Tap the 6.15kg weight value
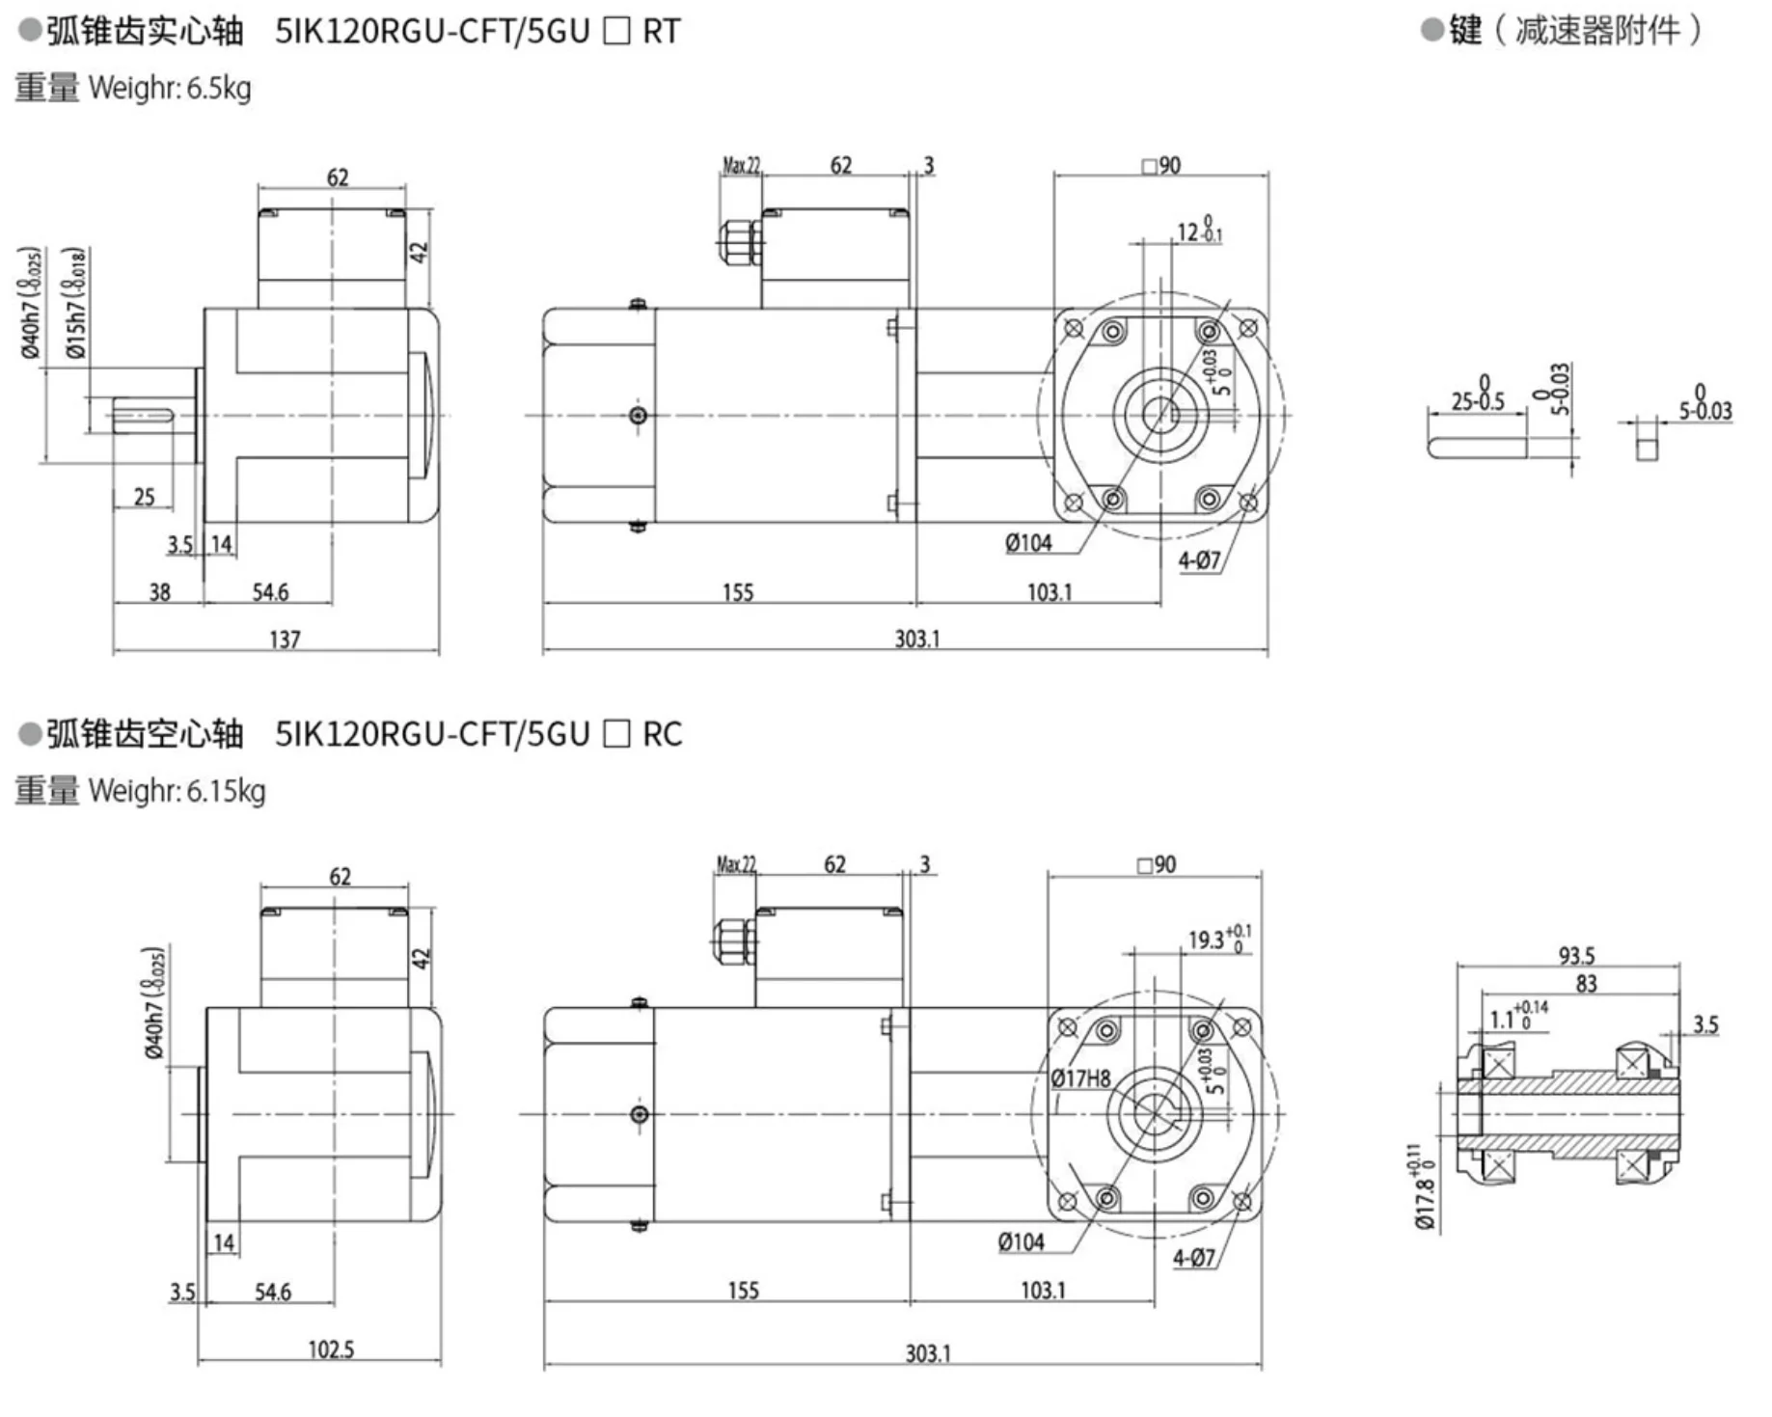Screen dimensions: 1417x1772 pyautogui.click(x=226, y=792)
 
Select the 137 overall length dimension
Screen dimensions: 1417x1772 pyautogui.click(x=285, y=640)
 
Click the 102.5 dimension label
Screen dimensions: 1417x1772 pyautogui.click(x=331, y=1349)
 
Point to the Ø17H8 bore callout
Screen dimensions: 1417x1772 pyautogui.click(x=1080, y=1078)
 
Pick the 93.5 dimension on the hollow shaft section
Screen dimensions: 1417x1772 pyautogui.click(x=1576, y=956)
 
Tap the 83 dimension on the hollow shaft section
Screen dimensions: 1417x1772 pyautogui.click(x=1586, y=984)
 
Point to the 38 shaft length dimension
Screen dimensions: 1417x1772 pyautogui.click(x=159, y=592)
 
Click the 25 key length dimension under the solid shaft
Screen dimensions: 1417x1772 pyautogui.click(x=144, y=498)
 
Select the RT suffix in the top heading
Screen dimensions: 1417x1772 pyautogui.click(x=661, y=32)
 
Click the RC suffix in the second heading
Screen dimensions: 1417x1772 pyautogui.click(x=662, y=735)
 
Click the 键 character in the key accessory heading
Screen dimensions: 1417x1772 pyautogui.click(x=1465, y=31)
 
